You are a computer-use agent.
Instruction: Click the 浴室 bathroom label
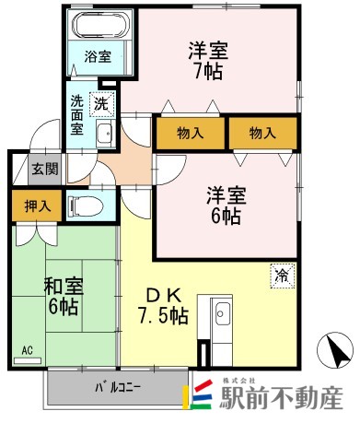tap(98, 57)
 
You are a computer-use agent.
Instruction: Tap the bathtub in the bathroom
tap(98, 26)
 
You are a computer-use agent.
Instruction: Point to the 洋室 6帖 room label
tap(224, 205)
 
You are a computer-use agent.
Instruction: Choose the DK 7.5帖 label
tap(167, 306)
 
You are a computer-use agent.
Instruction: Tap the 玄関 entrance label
tap(44, 168)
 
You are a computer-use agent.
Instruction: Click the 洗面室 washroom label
tap(77, 116)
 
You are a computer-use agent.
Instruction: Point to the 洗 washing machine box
tap(104, 104)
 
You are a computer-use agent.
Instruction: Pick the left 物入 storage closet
tap(191, 133)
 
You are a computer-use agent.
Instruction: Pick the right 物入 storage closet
tap(262, 133)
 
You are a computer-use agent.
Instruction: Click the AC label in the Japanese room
tap(29, 350)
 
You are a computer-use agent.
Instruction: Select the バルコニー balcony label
tap(118, 387)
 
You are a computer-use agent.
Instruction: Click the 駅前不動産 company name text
tap(281, 396)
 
